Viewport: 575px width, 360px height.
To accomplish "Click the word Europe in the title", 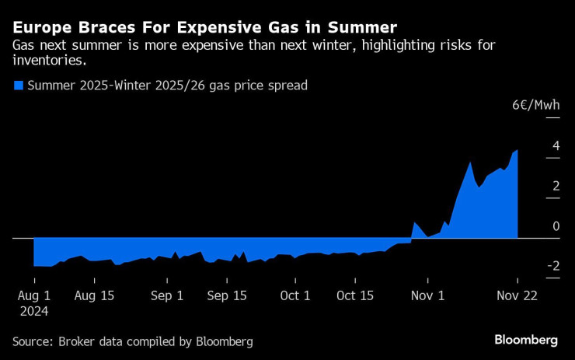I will point(40,26).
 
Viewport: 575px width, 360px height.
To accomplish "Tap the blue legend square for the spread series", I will point(18,86).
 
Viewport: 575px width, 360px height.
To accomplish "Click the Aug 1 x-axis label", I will point(33,295).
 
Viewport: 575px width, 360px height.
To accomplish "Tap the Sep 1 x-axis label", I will point(167,295).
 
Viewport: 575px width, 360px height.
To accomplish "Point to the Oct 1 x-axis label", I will point(294,295).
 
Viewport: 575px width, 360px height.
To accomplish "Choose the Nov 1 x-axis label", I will point(427,295).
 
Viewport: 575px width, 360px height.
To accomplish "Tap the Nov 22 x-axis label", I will point(517,295).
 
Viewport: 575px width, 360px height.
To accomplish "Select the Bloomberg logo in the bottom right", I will point(526,341).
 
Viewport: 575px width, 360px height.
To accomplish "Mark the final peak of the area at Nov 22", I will point(517,151).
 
